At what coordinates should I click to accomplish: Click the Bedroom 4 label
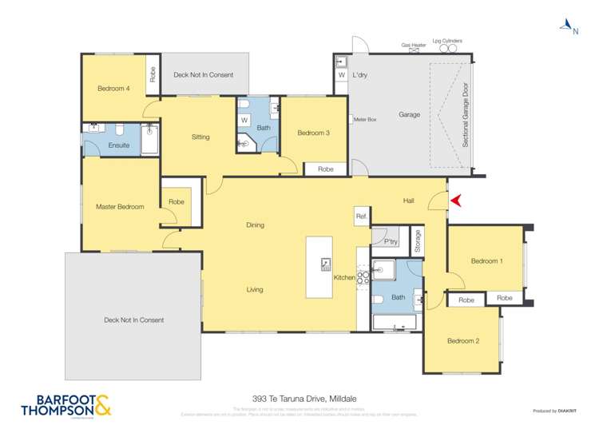[x=113, y=88]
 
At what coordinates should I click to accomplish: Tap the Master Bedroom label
[x=120, y=207]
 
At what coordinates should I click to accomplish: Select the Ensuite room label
[x=118, y=145]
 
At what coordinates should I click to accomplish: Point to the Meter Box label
[x=365, y=119]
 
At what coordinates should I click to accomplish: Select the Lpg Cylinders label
[x=447, y=41]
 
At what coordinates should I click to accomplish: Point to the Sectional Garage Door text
[x=466, y=117]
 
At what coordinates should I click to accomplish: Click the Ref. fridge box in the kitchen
[x=361, y=216]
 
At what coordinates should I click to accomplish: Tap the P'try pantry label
[x=391, y=241]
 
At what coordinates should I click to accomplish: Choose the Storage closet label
[x=417, y=241]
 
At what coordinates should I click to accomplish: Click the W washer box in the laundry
[x=341, y=75]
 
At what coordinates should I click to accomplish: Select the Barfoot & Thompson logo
[x=61, y=406]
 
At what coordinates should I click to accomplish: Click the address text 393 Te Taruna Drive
[x=298, y=394]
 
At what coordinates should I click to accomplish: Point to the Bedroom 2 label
[x=463, y=341]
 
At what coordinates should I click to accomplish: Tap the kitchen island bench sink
[x=326, y=264]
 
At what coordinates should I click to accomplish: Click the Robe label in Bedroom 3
[x=325, y=169]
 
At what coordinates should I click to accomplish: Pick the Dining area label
[x=255, y=225]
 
